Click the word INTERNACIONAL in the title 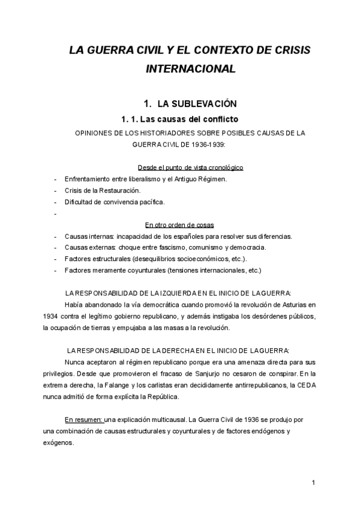coord(190,68)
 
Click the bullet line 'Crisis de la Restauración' coord(102,190)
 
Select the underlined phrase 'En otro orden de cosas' coord(179,224)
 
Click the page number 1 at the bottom coord(314,483)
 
